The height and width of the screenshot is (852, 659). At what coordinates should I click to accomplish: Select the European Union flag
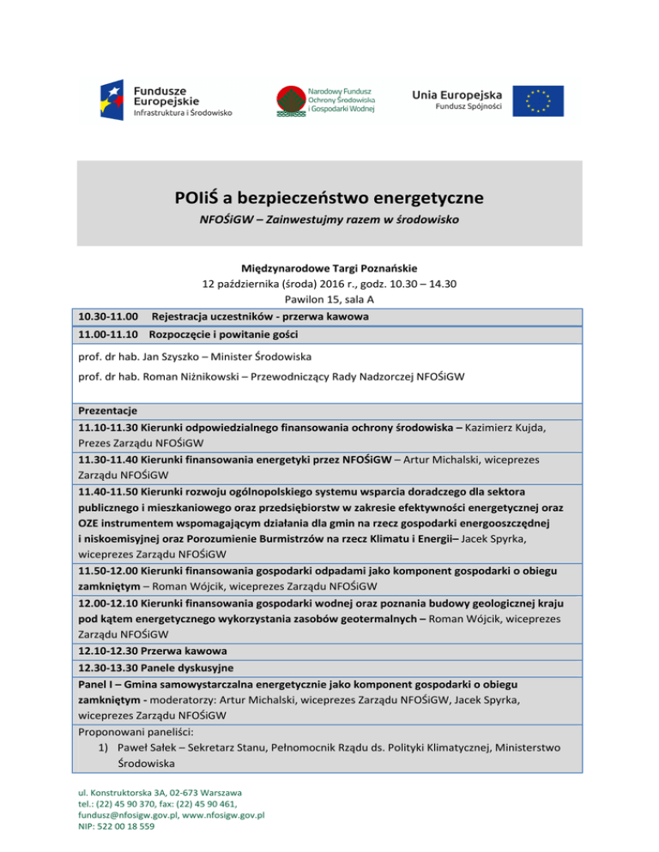[x=539, y=100]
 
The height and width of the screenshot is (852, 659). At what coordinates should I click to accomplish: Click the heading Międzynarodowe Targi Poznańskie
[x=329, y=268]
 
